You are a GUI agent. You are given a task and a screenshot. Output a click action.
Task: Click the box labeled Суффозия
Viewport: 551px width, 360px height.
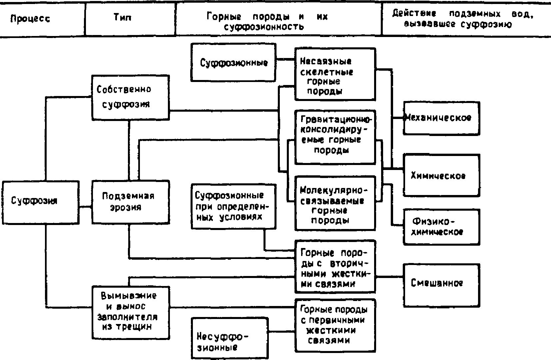tap(40, 202)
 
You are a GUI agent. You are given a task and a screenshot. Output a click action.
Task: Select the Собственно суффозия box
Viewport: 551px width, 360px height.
tap(130, 97)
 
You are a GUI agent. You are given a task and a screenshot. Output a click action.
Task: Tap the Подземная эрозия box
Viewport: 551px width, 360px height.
tap(130, 202)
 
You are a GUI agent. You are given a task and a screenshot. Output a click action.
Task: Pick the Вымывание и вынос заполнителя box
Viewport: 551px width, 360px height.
tap(130, 312)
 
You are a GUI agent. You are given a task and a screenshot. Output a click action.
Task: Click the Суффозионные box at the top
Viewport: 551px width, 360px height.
tap(234, 62)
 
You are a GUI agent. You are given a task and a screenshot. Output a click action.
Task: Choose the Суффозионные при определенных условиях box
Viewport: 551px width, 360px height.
tap(234, 206)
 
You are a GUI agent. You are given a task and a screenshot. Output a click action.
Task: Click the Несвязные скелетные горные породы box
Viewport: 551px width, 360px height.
tap(335, 74)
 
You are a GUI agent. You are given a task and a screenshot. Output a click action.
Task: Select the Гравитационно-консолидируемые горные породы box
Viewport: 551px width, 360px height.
tap(335, 137)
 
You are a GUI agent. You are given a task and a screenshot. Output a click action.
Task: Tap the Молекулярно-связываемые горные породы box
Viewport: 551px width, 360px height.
tap(335, 203)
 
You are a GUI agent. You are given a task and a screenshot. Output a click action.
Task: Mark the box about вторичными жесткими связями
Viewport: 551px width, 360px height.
tap(335, 266)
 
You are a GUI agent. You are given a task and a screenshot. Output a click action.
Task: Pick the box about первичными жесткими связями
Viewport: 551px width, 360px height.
tap(335, 325)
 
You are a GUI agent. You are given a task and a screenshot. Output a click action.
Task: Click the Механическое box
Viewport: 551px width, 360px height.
tap(441, 118)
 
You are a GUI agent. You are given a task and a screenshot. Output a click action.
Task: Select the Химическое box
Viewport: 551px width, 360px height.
tap(441, 175)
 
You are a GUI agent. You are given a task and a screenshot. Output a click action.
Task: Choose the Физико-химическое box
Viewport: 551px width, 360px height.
tap(441, 227)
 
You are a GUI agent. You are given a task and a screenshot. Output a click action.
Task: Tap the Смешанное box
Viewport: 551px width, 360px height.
tap(441, 284)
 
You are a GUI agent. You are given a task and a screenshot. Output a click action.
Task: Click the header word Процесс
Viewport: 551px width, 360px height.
tap(30, 19)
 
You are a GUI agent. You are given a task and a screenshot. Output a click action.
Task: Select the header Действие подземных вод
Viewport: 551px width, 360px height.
tap(463, 19)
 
